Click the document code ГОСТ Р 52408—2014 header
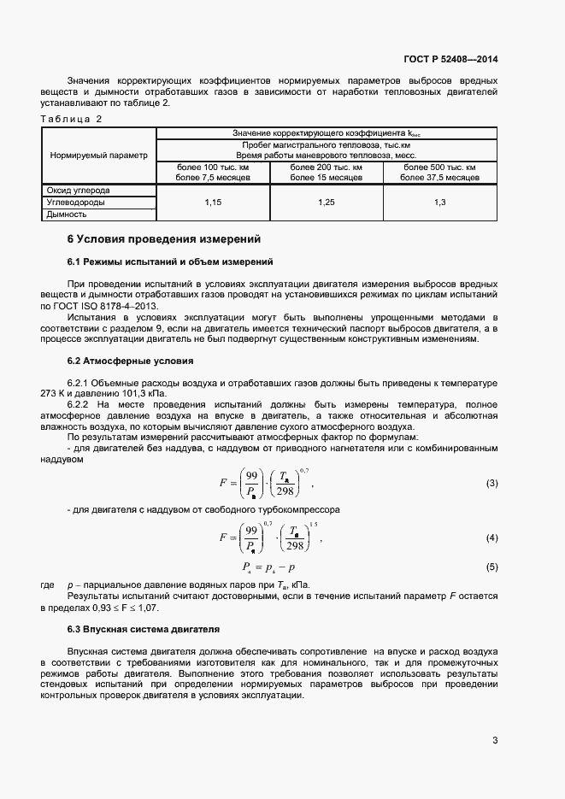coord(450,60)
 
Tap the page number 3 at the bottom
coord(495,740)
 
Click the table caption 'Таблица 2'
coord(71,119)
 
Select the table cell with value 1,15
coord(213,202)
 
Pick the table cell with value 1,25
coord(327,202)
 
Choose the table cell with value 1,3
coord(440,202)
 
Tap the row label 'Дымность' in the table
coord(66,214)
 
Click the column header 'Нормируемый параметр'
coord(98,156)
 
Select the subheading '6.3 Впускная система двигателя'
coord(143,629)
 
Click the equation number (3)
coord(491,484)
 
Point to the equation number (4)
coord(491,538)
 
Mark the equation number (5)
coord(491,567)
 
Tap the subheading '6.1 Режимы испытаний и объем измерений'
coord(170,261)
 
